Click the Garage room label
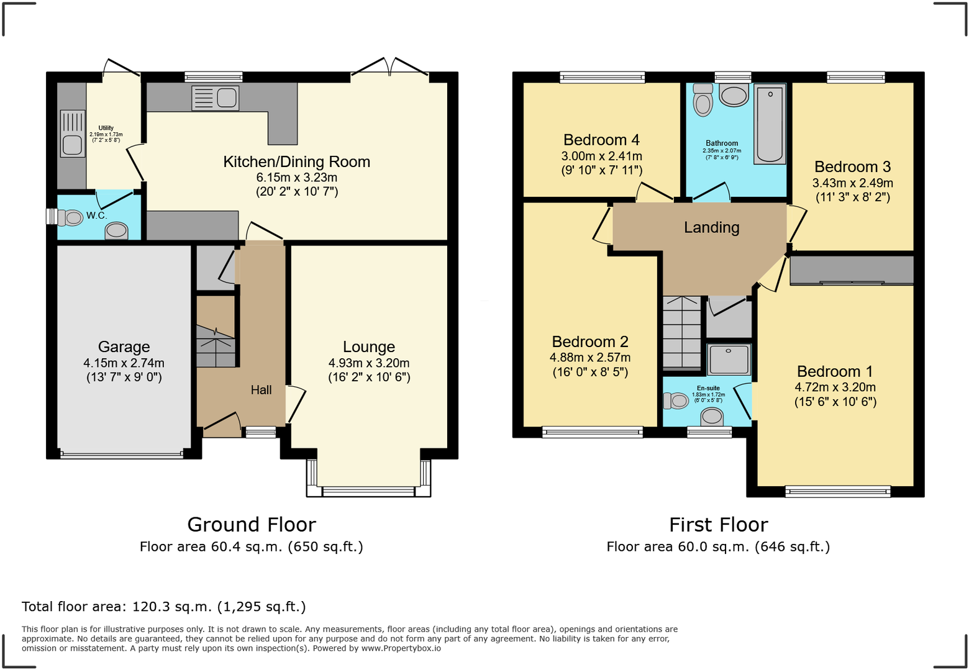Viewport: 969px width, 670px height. [124, 346]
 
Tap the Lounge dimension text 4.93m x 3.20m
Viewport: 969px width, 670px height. [369, 363]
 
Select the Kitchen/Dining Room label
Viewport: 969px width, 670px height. [297, 162]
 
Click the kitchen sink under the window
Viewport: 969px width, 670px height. [215, 97]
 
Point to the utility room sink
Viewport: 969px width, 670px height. [72, 134]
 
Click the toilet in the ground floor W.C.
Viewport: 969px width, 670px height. [70, 217]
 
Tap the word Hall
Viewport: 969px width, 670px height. [262, 390]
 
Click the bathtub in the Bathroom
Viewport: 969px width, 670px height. [770, 124]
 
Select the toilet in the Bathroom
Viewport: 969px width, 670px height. [703, 101]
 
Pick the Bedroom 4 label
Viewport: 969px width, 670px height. [601, 140]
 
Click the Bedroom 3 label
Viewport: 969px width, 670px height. [853, 166]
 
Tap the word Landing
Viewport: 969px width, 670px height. [712, 227]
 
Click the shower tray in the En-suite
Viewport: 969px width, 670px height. [729, 359]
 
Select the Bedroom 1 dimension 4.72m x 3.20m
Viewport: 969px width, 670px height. [835, 387]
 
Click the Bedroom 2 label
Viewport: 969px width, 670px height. [590, 342]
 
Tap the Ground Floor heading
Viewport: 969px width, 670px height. [252, 525]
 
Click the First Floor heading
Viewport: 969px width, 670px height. [719, 525]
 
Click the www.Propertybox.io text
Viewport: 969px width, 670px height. [401, 648]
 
